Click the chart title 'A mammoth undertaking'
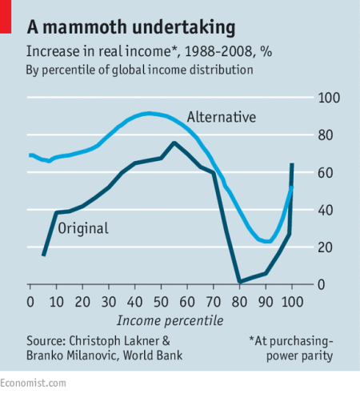(131, 28)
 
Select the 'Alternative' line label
(222, 117)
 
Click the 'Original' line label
(82, 229)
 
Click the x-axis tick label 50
(161, 301)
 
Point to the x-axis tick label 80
(239, 301)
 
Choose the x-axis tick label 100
(292, 301)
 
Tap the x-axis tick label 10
(56, 301)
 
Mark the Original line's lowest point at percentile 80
(239, 282)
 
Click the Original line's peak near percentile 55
(174, 143)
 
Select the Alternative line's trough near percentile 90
(267, 241)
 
